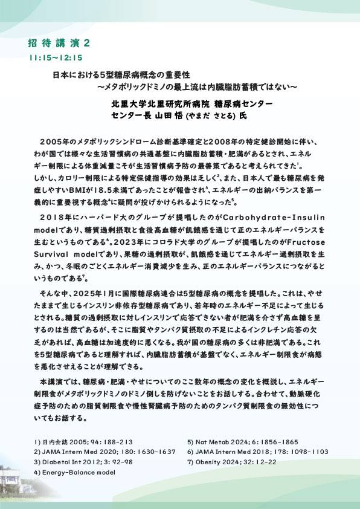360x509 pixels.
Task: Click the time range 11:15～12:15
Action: [55, 58]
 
